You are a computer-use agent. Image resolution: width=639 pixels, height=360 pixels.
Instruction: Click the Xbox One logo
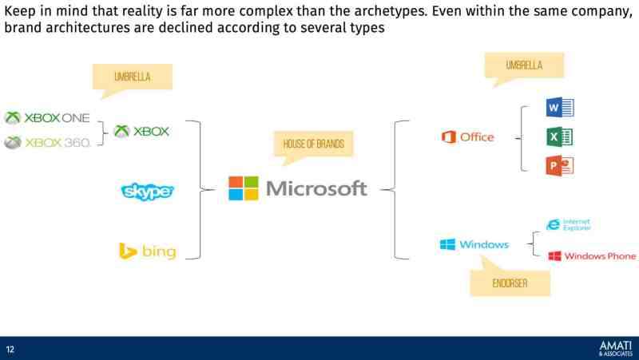[x=47, y=118]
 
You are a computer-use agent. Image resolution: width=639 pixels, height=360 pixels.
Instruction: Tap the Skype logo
[x=147, y=192]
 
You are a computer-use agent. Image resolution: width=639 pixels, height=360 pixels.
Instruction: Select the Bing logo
[x=148, y=252]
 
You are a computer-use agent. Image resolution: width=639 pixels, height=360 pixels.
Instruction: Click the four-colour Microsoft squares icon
[x=244, y=188]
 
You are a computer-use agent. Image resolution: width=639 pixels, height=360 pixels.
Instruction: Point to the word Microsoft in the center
[x=316, y=189]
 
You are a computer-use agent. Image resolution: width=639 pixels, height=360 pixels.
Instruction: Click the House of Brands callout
[x=313, y=144]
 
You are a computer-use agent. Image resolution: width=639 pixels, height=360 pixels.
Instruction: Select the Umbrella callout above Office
[x=524, y=65]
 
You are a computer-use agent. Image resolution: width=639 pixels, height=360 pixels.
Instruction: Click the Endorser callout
[x=510, y=282]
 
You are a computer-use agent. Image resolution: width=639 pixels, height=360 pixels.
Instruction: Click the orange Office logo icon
[x=448, y=137]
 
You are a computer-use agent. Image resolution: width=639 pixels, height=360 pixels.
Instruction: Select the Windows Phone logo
[x=592, y=256]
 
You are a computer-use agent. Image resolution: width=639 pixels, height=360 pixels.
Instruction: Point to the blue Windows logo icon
[x=447, y=244]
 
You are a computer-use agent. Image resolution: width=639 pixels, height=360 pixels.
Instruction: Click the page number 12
[x=10, y=349]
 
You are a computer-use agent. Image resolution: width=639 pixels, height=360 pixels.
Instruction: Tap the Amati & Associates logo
[x=613, y=348]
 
